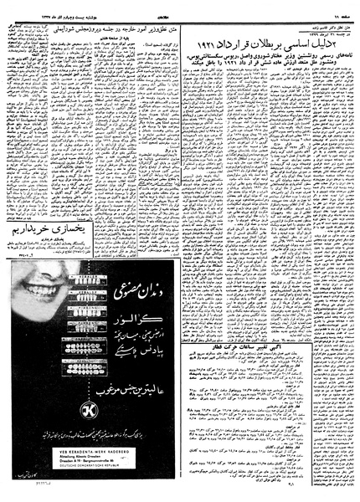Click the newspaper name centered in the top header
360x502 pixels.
[180, 5]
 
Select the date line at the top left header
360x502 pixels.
[50, 5]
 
